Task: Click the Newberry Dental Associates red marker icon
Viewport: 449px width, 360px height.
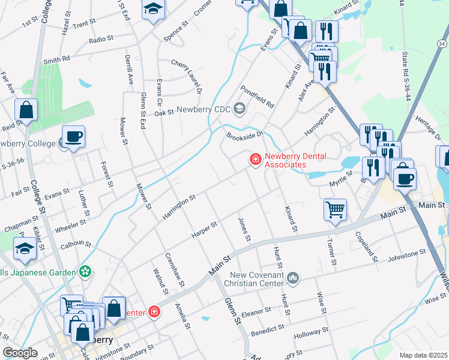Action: [255, 159]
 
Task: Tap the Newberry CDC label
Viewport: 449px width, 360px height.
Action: [203, 109]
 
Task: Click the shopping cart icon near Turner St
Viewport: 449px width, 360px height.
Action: [335, 209]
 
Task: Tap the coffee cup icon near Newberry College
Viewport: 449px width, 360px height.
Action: [73, 136]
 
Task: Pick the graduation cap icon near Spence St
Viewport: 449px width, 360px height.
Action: [153, 9]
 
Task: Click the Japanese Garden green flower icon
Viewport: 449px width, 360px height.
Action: [86, 272]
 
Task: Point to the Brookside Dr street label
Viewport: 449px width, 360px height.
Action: [244, 135]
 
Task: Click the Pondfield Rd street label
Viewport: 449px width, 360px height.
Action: [257, 95]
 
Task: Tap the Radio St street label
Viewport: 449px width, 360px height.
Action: [100, 39]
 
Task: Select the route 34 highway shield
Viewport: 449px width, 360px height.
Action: [442, 44]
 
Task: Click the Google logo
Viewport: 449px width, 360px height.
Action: [20, 353]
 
